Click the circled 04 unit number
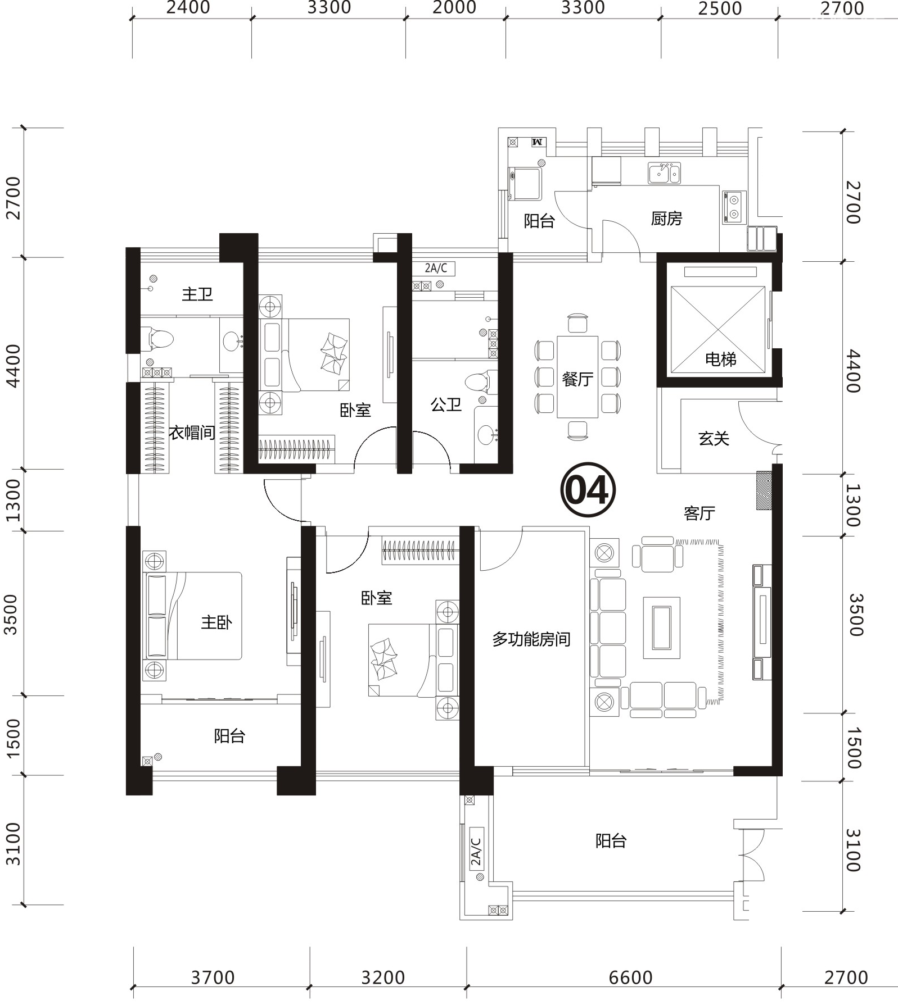pyautogui.click(x=588, y=490)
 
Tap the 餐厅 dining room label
pyautogui.click(x=577, y=379)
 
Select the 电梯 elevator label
pyautogui.click(x=720, y=359)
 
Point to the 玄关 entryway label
pyautogui.click(x=714, y=438)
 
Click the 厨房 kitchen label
pyautogui.click(x=666, y=218)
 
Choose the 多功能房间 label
pyautogui.click(x=531, y=639)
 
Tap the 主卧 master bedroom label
pyautogui.click(x=216, y=622)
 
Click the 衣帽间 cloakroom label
pyautogui.click(x=192, y=433)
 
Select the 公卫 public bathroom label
pyautogui.click(x=446, y=404)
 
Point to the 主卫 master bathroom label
pyautogui.click(x=197, y=293)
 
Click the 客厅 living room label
pyautogui.click(x=700, y=513)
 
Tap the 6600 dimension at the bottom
pyautogui.click(x=630, y=977)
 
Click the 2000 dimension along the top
pyautogui.click(x=454, y=8)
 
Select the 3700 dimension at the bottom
pyautogui.click(x=213, y=977)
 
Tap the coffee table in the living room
pyautogui.click(x=662, y=627)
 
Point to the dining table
pyautogui.click(x=577, y=376)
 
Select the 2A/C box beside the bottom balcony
pyautogui.click(x=476, y=851)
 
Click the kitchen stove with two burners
pyautogui.click(x=734, y=206)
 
